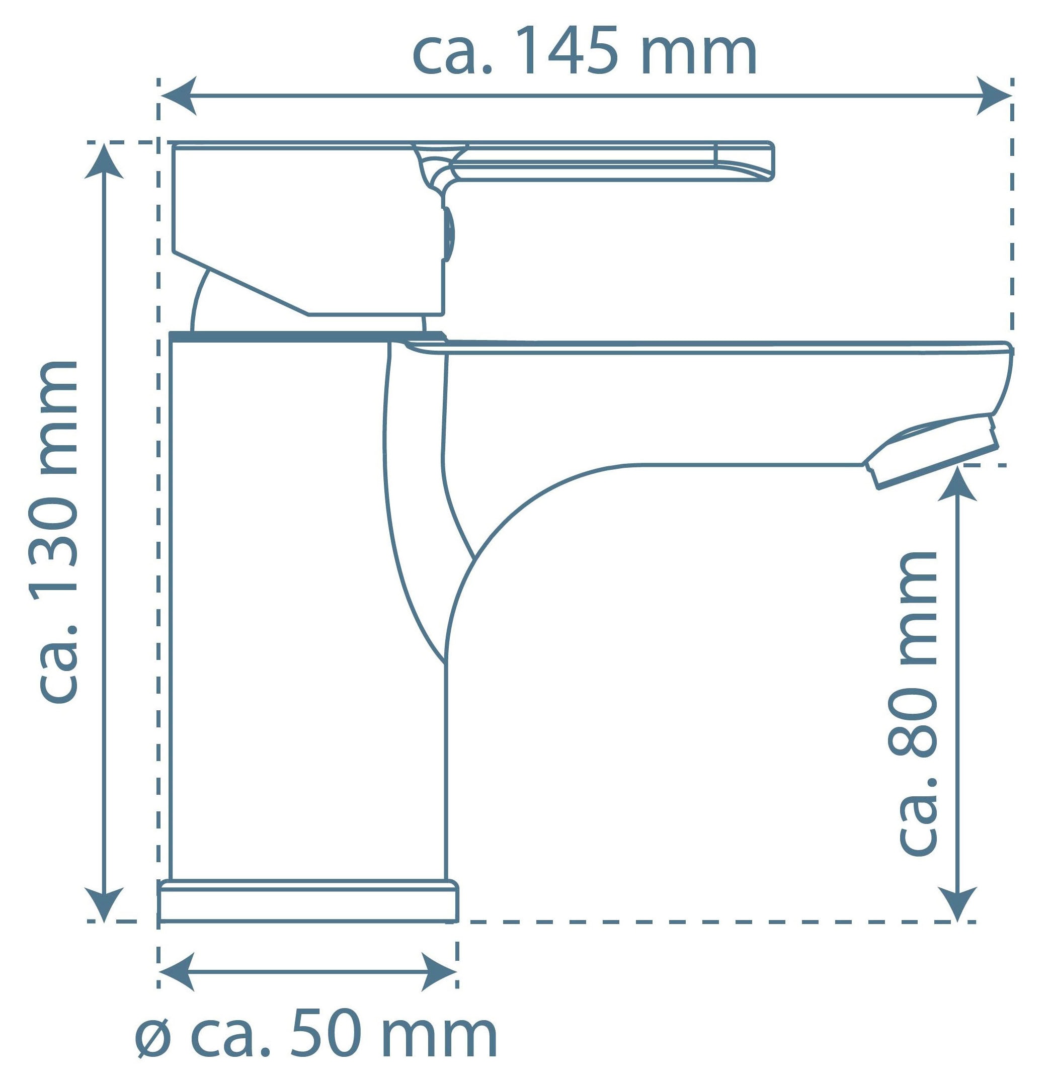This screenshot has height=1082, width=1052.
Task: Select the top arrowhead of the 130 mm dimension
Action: (104, 161)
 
